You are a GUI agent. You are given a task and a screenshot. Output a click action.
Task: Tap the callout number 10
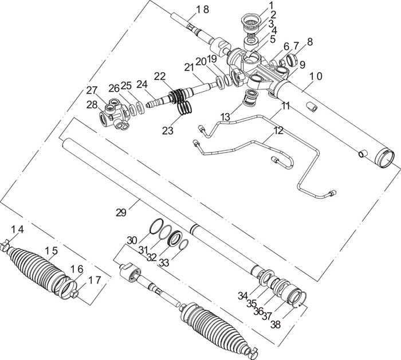(316, 76)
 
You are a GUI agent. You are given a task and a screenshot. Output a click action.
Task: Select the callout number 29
(120, 213)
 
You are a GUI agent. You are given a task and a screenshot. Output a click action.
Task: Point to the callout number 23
(167, 131)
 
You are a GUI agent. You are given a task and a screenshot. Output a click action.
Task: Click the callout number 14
(17, 229)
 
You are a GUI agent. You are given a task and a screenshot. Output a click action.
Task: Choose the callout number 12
(278, 130)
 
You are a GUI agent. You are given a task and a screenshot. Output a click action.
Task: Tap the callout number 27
(92, 90)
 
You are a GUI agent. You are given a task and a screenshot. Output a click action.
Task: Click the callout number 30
(132, 240)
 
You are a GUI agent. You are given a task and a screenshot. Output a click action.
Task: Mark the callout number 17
(94, 280)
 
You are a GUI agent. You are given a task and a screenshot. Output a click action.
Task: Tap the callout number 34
(243, 295)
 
